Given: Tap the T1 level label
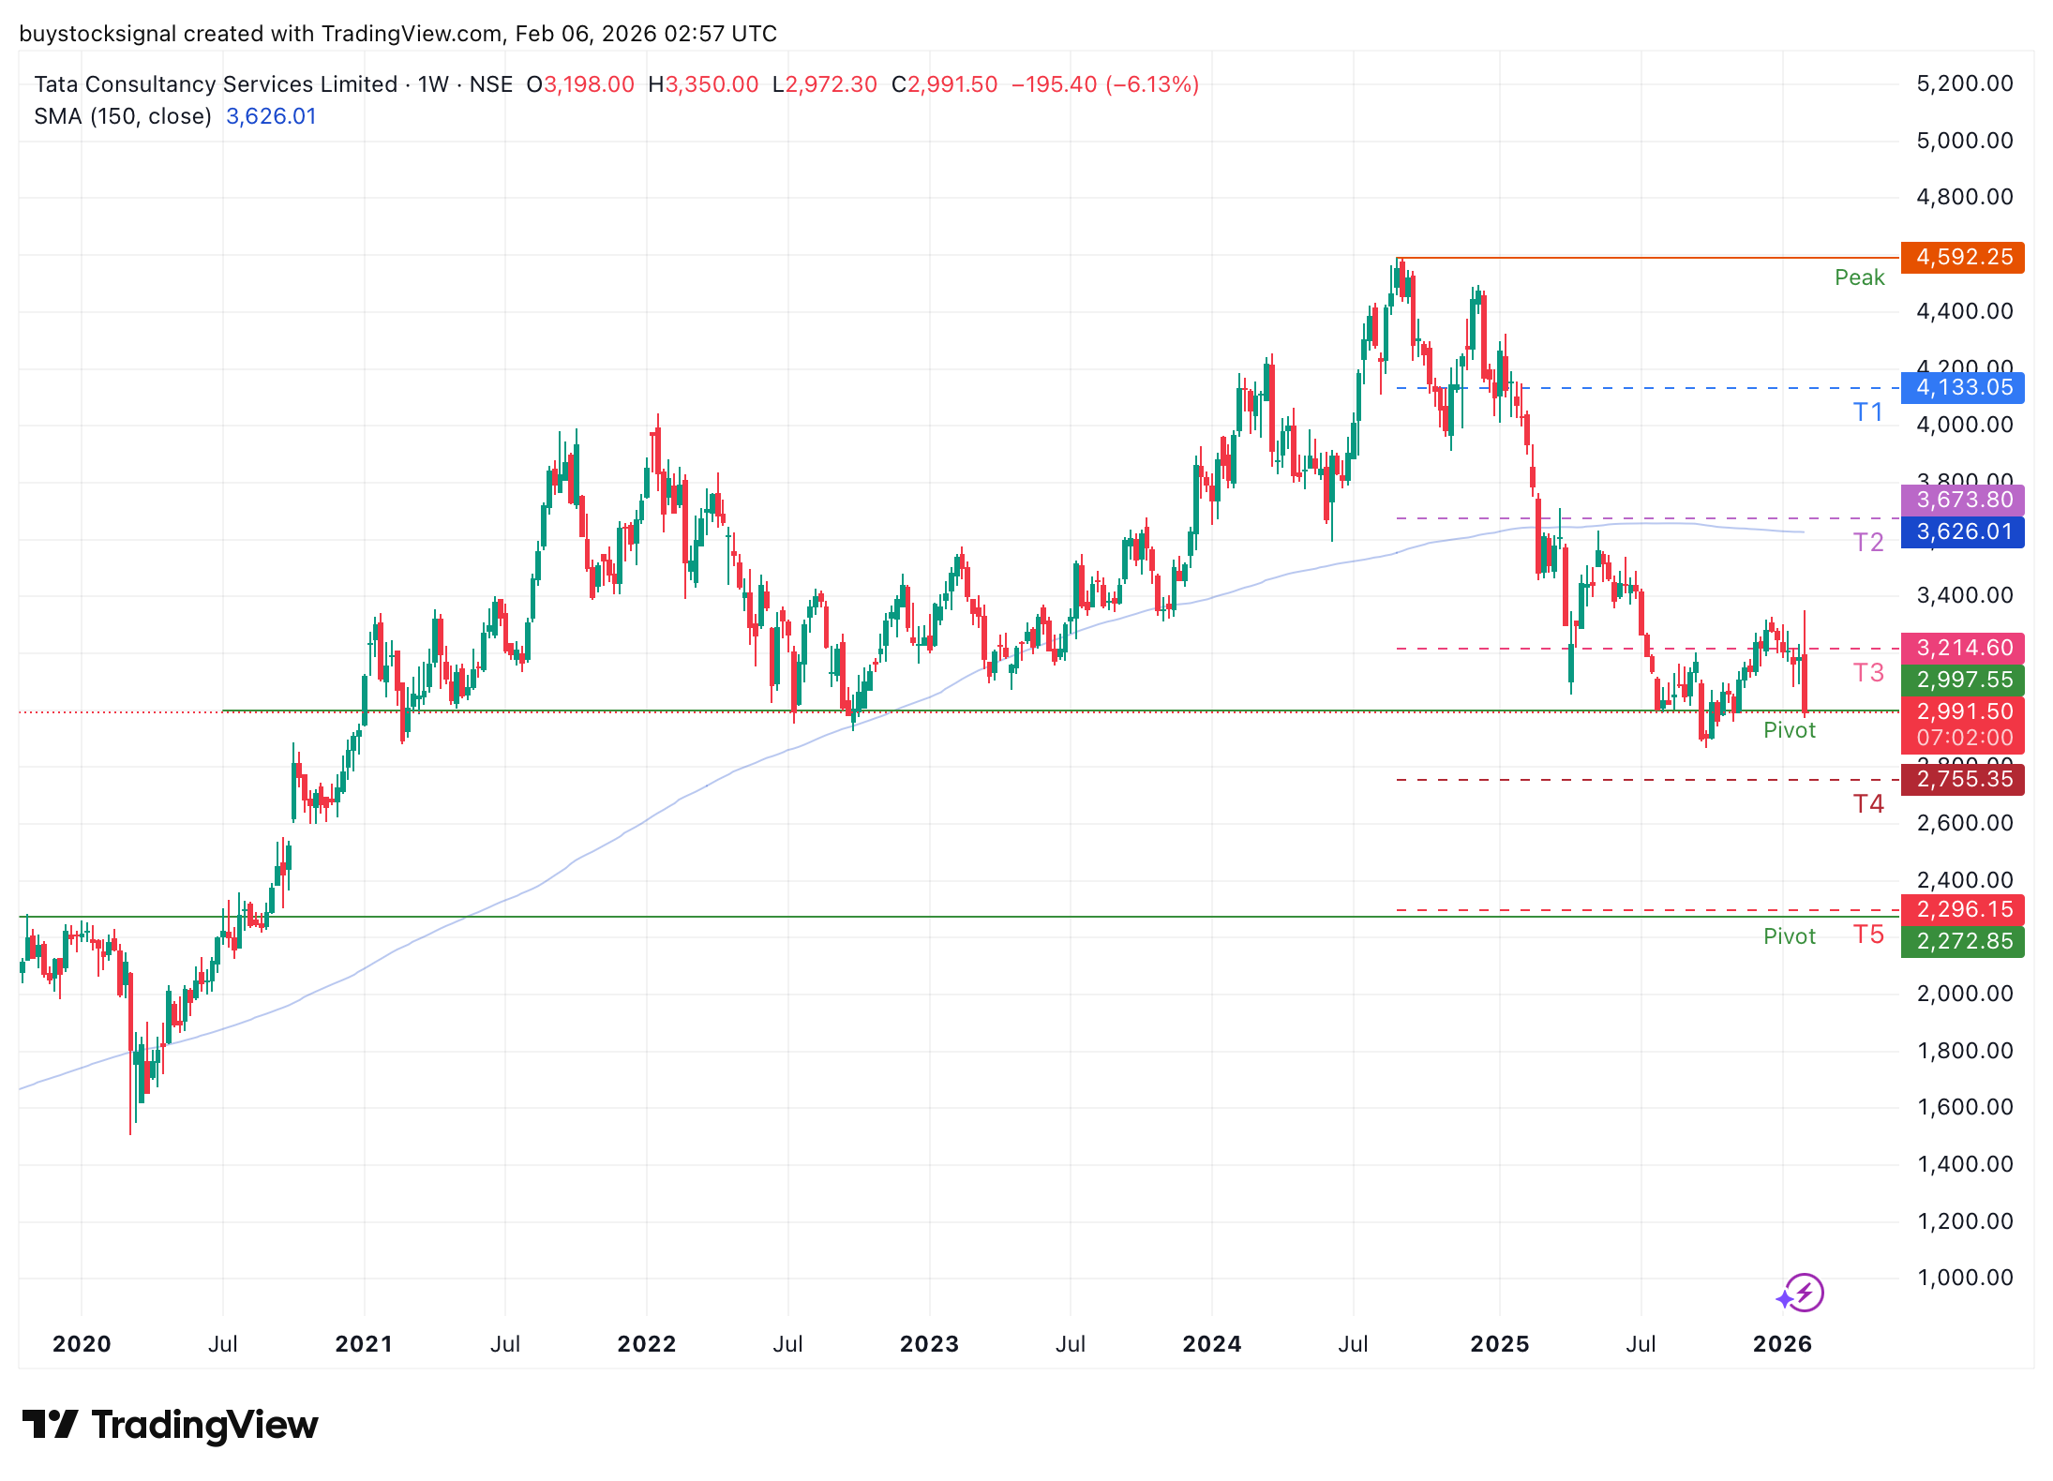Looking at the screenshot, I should click(x=1867, y=412).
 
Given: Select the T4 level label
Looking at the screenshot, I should click(x=1867, y=804).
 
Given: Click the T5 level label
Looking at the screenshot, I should click(x=1867, y=935).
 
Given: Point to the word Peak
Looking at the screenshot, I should click(x=1859, y=277).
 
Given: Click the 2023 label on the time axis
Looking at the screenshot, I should click(x=929, y=1344).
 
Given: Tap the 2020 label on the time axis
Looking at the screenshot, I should click(x=82, y=1344).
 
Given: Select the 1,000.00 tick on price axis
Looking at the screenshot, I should click(x=1965, y=1278).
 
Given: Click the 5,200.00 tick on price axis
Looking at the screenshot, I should click(x=1965, y=83).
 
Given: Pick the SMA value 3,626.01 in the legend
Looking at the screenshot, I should click(x=271, y=116).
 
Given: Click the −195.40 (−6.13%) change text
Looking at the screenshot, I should click(x=1104, y=84).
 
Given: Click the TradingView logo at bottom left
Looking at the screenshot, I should click(x=170, y=1425).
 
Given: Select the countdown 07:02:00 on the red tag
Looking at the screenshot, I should click(x=1965, y=738).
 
